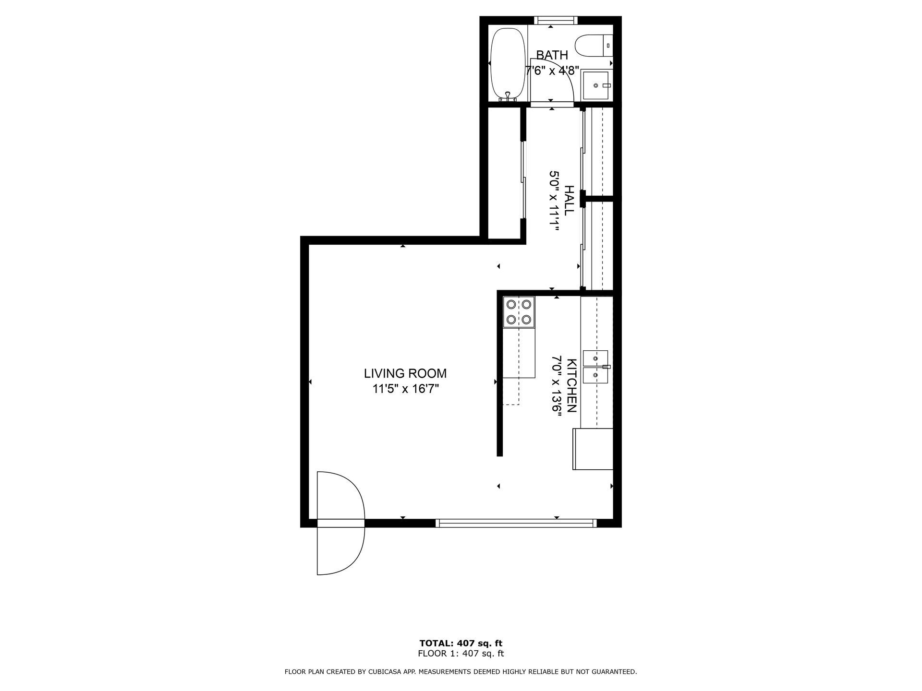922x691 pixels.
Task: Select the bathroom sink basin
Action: pyautogui.click(x=595, y=85)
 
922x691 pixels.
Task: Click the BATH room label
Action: pyautogui.click(x=552, y=55)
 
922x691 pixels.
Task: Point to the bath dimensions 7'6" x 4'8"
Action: pyautogui.click(x=552, y=71)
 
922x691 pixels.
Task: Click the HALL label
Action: pyautogui.click(x=569, y=201)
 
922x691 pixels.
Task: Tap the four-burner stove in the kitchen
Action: pyautogui.click(x=519, y=312)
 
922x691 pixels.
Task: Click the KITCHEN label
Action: pyautogui.click(x=572, y=385)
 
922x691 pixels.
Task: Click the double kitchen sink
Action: pyautogui.click(x=595, y=367)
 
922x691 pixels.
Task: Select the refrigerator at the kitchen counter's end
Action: pyautogui.click(x=593, y=449)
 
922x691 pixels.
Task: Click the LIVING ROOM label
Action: pyautogui.click(x=405, y=373)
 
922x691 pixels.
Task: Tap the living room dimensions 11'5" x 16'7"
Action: pyautogui.click(x=406, y=389)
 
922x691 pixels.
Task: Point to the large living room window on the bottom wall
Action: pyautogui.click(x=516, y=523)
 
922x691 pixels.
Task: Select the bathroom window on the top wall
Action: pyautogui.click(x=556, y=20)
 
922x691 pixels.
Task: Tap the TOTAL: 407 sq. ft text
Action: pyautogui.click(x=461, y=643)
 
